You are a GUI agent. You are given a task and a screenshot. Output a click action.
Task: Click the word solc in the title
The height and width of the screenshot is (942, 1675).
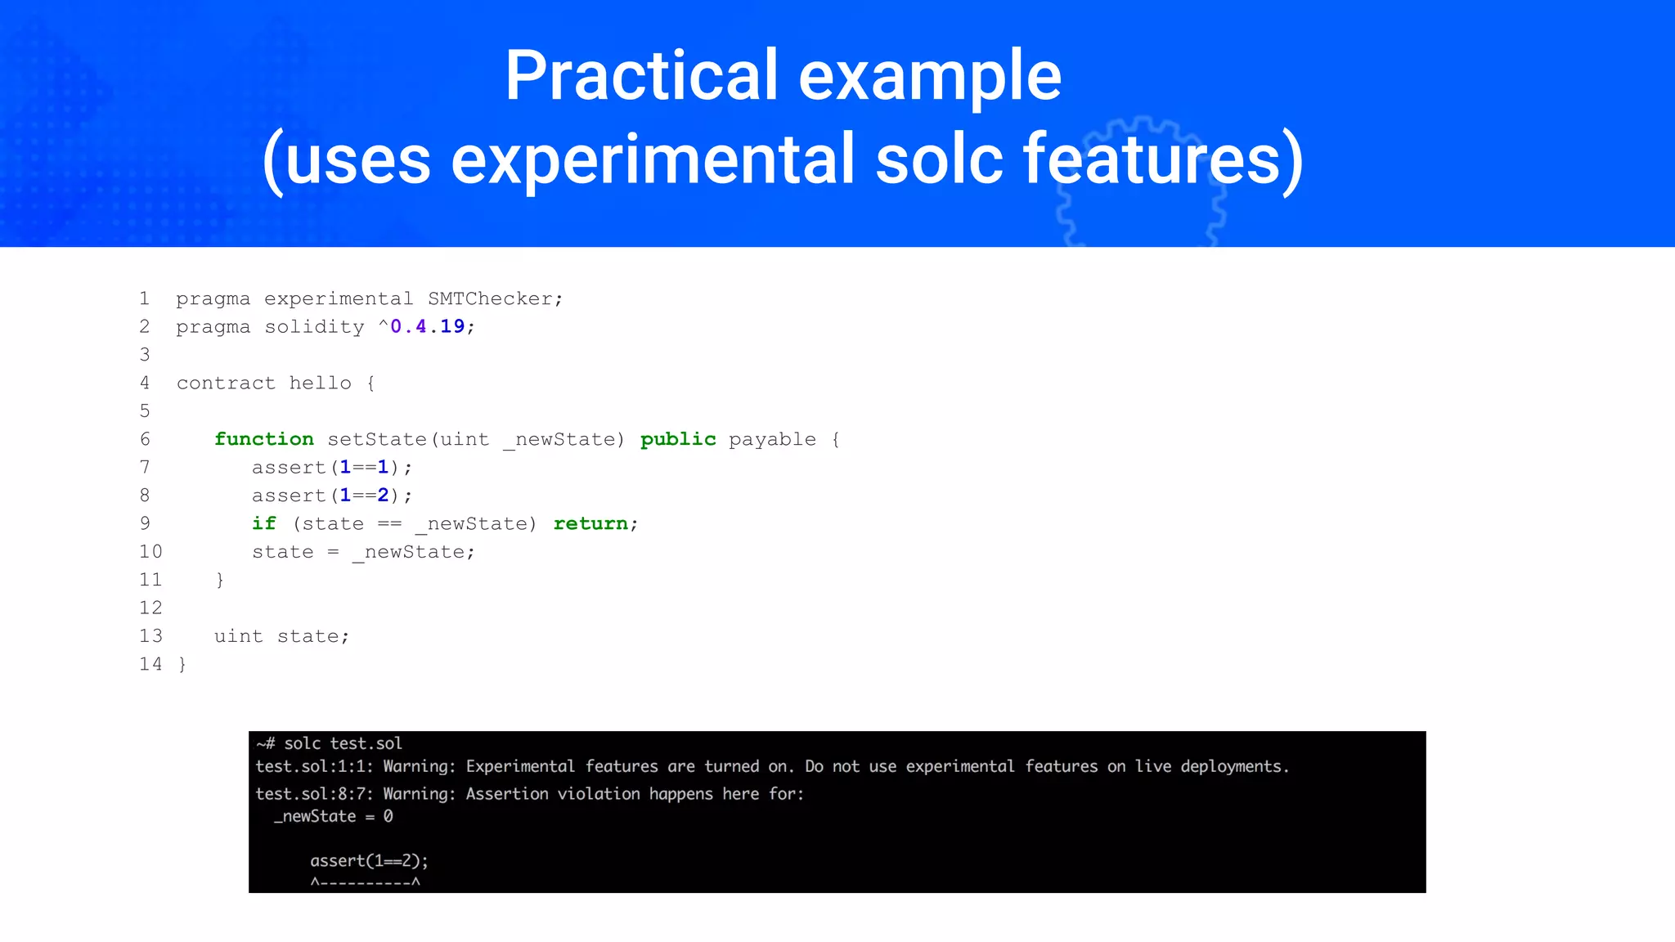pos(939,159)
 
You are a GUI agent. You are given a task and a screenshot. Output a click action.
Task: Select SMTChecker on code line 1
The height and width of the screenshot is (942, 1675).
pos(495,298)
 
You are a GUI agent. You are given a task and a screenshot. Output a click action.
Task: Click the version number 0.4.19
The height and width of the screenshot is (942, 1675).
pos(427,326)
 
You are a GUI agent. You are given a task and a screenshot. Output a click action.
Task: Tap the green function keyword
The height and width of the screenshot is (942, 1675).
pos(263,439)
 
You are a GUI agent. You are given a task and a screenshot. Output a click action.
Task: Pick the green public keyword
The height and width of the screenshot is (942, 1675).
pos(678,439)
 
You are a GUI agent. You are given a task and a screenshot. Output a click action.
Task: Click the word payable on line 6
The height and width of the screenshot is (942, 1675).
pos(772,439)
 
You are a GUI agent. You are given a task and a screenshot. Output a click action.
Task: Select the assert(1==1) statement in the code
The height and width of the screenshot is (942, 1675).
pos(331,467)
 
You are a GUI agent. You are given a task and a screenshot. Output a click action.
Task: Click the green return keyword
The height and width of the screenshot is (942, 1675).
pos(591,523)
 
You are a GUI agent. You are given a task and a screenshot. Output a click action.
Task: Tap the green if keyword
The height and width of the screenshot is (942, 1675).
pos(263,523)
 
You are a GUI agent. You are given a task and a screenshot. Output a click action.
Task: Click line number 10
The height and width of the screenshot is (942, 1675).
pos(150,552)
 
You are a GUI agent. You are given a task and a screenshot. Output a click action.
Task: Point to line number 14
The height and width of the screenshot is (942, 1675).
pos(150,664)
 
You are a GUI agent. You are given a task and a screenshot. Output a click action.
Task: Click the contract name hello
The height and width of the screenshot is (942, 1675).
pos(320,383)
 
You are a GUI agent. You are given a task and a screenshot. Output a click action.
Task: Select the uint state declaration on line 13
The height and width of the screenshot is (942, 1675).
pos(281,636)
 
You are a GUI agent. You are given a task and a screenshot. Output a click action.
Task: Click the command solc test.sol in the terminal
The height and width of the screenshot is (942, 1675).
pos(343,743)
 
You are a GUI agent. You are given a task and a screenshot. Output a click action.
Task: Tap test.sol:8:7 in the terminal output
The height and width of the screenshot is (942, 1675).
pos(314,794)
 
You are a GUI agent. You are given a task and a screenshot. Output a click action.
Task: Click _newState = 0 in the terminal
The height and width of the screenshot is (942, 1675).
pos(333,816)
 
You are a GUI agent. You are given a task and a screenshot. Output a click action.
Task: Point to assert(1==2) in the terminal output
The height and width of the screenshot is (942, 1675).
pos(369,860)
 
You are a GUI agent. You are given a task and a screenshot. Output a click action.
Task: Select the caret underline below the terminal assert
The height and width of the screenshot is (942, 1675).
pos(365,882)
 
